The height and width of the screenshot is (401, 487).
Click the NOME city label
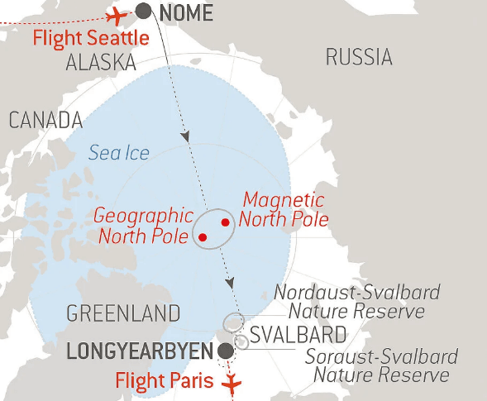185,12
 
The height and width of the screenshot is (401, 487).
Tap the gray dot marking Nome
143,11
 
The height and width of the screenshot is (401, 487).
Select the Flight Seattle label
91,38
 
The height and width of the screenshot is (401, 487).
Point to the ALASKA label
100,63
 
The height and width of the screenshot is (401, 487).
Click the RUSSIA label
358,57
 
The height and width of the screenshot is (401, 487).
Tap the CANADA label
45,121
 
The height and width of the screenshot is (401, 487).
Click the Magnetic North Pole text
284,210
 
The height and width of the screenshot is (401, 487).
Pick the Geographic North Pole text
143,225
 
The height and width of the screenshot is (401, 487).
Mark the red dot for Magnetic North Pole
225,222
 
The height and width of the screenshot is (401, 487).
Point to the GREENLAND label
123,314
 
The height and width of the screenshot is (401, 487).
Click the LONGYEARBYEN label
139,351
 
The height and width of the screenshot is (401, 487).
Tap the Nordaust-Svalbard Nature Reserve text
356,302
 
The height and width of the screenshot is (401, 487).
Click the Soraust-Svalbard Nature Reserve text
381,366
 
